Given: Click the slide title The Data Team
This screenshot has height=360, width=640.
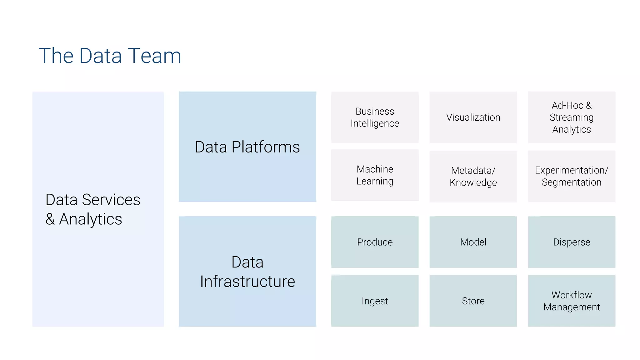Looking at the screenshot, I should click(110, 56).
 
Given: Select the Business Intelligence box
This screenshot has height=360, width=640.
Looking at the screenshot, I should click(375, 117).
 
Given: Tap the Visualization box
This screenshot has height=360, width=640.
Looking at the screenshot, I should click(473, 117).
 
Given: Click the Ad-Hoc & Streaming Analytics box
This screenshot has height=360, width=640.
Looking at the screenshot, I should click(572, 117).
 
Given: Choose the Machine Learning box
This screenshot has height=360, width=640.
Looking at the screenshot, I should click(375, 175).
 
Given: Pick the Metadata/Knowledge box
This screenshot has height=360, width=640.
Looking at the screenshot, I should click(473, 176).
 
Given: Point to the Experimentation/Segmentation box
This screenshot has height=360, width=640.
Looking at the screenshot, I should click(572, 176).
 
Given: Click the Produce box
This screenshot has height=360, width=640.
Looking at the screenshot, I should click(375, 242).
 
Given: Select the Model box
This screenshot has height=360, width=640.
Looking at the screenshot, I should click(473, 242).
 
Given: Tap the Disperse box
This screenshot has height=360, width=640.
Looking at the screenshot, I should click(572, 242).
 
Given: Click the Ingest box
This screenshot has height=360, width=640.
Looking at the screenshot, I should click(375, 301).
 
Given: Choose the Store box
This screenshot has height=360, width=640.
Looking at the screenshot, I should click(473, 301).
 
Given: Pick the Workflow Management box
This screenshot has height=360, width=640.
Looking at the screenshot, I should click(572, 301).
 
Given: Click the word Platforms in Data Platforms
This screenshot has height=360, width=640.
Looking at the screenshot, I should click(265, 147).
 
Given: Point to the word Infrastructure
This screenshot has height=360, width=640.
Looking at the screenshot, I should click(247, 282).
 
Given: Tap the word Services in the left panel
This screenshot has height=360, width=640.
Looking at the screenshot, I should click(111, 200).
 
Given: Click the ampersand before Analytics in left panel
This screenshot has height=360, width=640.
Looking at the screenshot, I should click(50, 219).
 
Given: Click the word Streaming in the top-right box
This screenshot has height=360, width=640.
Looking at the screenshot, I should click(572, 117).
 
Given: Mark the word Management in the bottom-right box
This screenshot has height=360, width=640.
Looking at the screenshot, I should click(572, 307).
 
